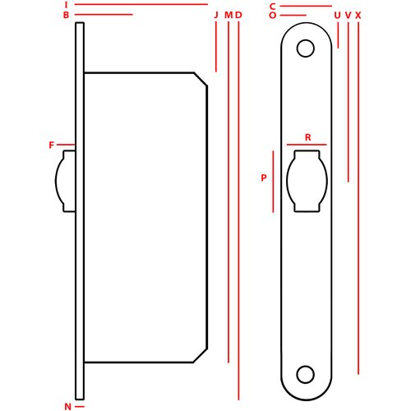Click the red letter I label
[x=66, y=5]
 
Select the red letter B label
[x=66, y=15]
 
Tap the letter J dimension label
[x=216, y=15]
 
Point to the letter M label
[x=229, y=15]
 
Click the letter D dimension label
[x=238, y=15]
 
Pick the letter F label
[x=51, y=145]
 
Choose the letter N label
[x=67, y=407]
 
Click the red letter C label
[x=272, y=7]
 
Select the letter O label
[x=272, y=16]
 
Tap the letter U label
[x=338, y=16]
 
